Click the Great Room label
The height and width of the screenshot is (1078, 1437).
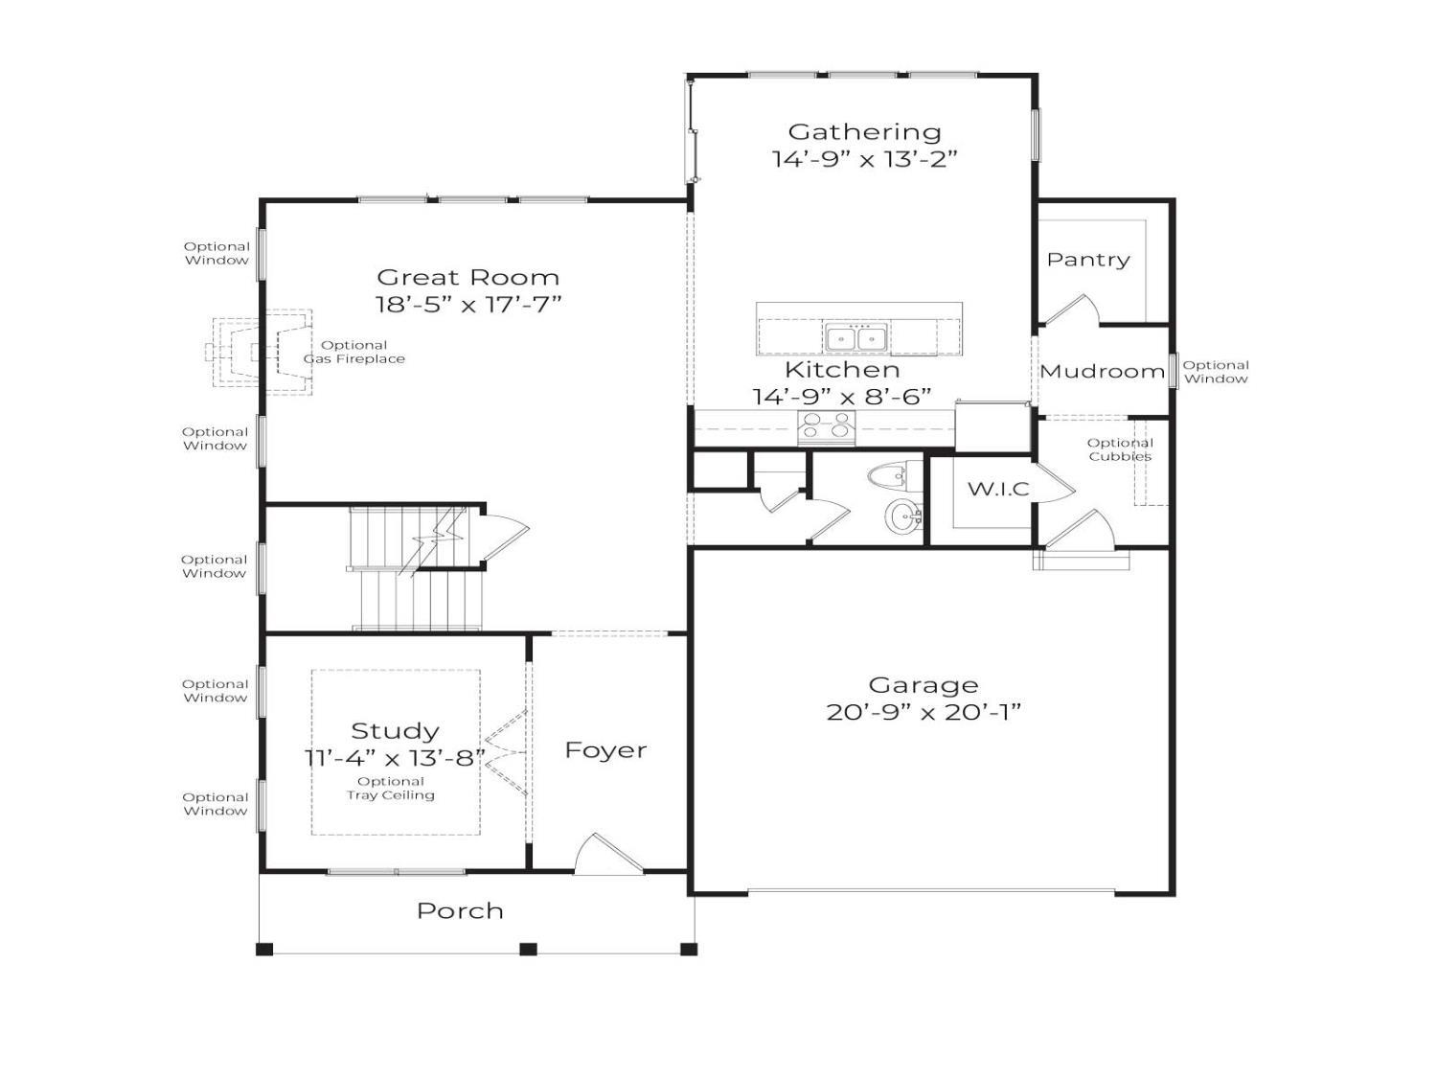pyautogui.click(x=468, y=278)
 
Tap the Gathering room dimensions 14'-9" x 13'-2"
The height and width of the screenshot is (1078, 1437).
pyautogui.click(x=865, y=159)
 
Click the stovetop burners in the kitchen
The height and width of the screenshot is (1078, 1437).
pyautogui.click(x=826, y=425)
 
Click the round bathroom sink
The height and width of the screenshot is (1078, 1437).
pyautogui.click(x=903, y=516)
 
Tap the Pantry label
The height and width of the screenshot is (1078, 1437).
pyautogui.click(x=1088, y=260)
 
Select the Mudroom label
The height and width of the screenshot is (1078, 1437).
pyautogui.click(x=1103, y=372)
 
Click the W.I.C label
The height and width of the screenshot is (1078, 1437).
pyautogui.click(x=998, y=489)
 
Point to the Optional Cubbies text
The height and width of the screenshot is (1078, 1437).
pyautogui.click(x=1120, y=449)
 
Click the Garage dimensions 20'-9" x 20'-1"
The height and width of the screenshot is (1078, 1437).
pyautogui.click(x=924, y=712)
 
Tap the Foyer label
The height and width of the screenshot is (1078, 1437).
pyautogui.click(x=605, y=750)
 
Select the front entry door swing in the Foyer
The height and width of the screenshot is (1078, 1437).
pyautogui.click(x=608, y=854)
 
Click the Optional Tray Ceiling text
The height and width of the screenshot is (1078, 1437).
pyautogui.click(x=391, y=789)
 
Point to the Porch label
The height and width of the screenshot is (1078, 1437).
pyautogui.click(x=460, y=911)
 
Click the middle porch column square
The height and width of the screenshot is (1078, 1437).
pyautogui.click(x=528, y=949)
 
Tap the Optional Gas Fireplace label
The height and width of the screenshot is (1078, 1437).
pyautogui.click(x=354, y=352)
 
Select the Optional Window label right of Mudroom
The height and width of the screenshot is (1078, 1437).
pyautogui.click(x=1216, y=372)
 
